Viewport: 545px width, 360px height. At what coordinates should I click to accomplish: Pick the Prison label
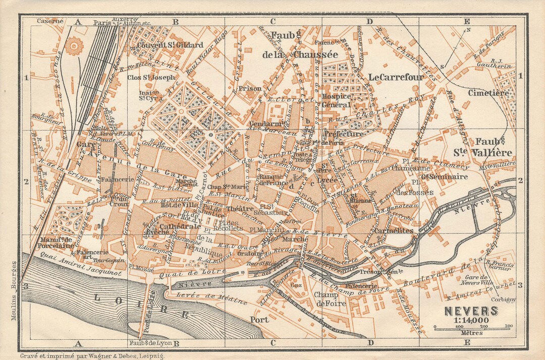point(250,89)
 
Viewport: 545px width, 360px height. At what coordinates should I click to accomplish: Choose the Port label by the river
point(259,320)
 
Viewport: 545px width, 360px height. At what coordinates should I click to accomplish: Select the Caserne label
point(50,21)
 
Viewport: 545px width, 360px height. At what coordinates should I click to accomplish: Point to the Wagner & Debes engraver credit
point(92,355)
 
